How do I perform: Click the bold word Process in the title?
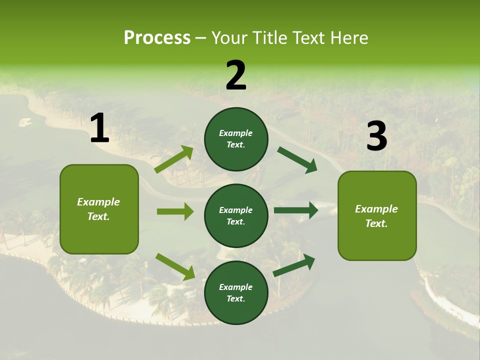click(x=157, y=38)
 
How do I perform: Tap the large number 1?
click(x=99, y=129)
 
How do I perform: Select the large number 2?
click(x=236, y=76)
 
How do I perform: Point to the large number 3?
click(x=376, y=136)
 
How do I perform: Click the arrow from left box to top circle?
click(x=174, y=159)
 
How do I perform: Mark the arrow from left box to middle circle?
click(x=175, y=211)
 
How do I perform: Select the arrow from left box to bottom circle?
click(x=175, y=266)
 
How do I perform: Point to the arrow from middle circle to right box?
click(x=296, y=210)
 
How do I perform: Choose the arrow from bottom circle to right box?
click(x=294, y=265)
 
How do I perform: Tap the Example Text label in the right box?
click(x=376, y=216)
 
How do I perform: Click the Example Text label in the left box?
click(x=98, y=209)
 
